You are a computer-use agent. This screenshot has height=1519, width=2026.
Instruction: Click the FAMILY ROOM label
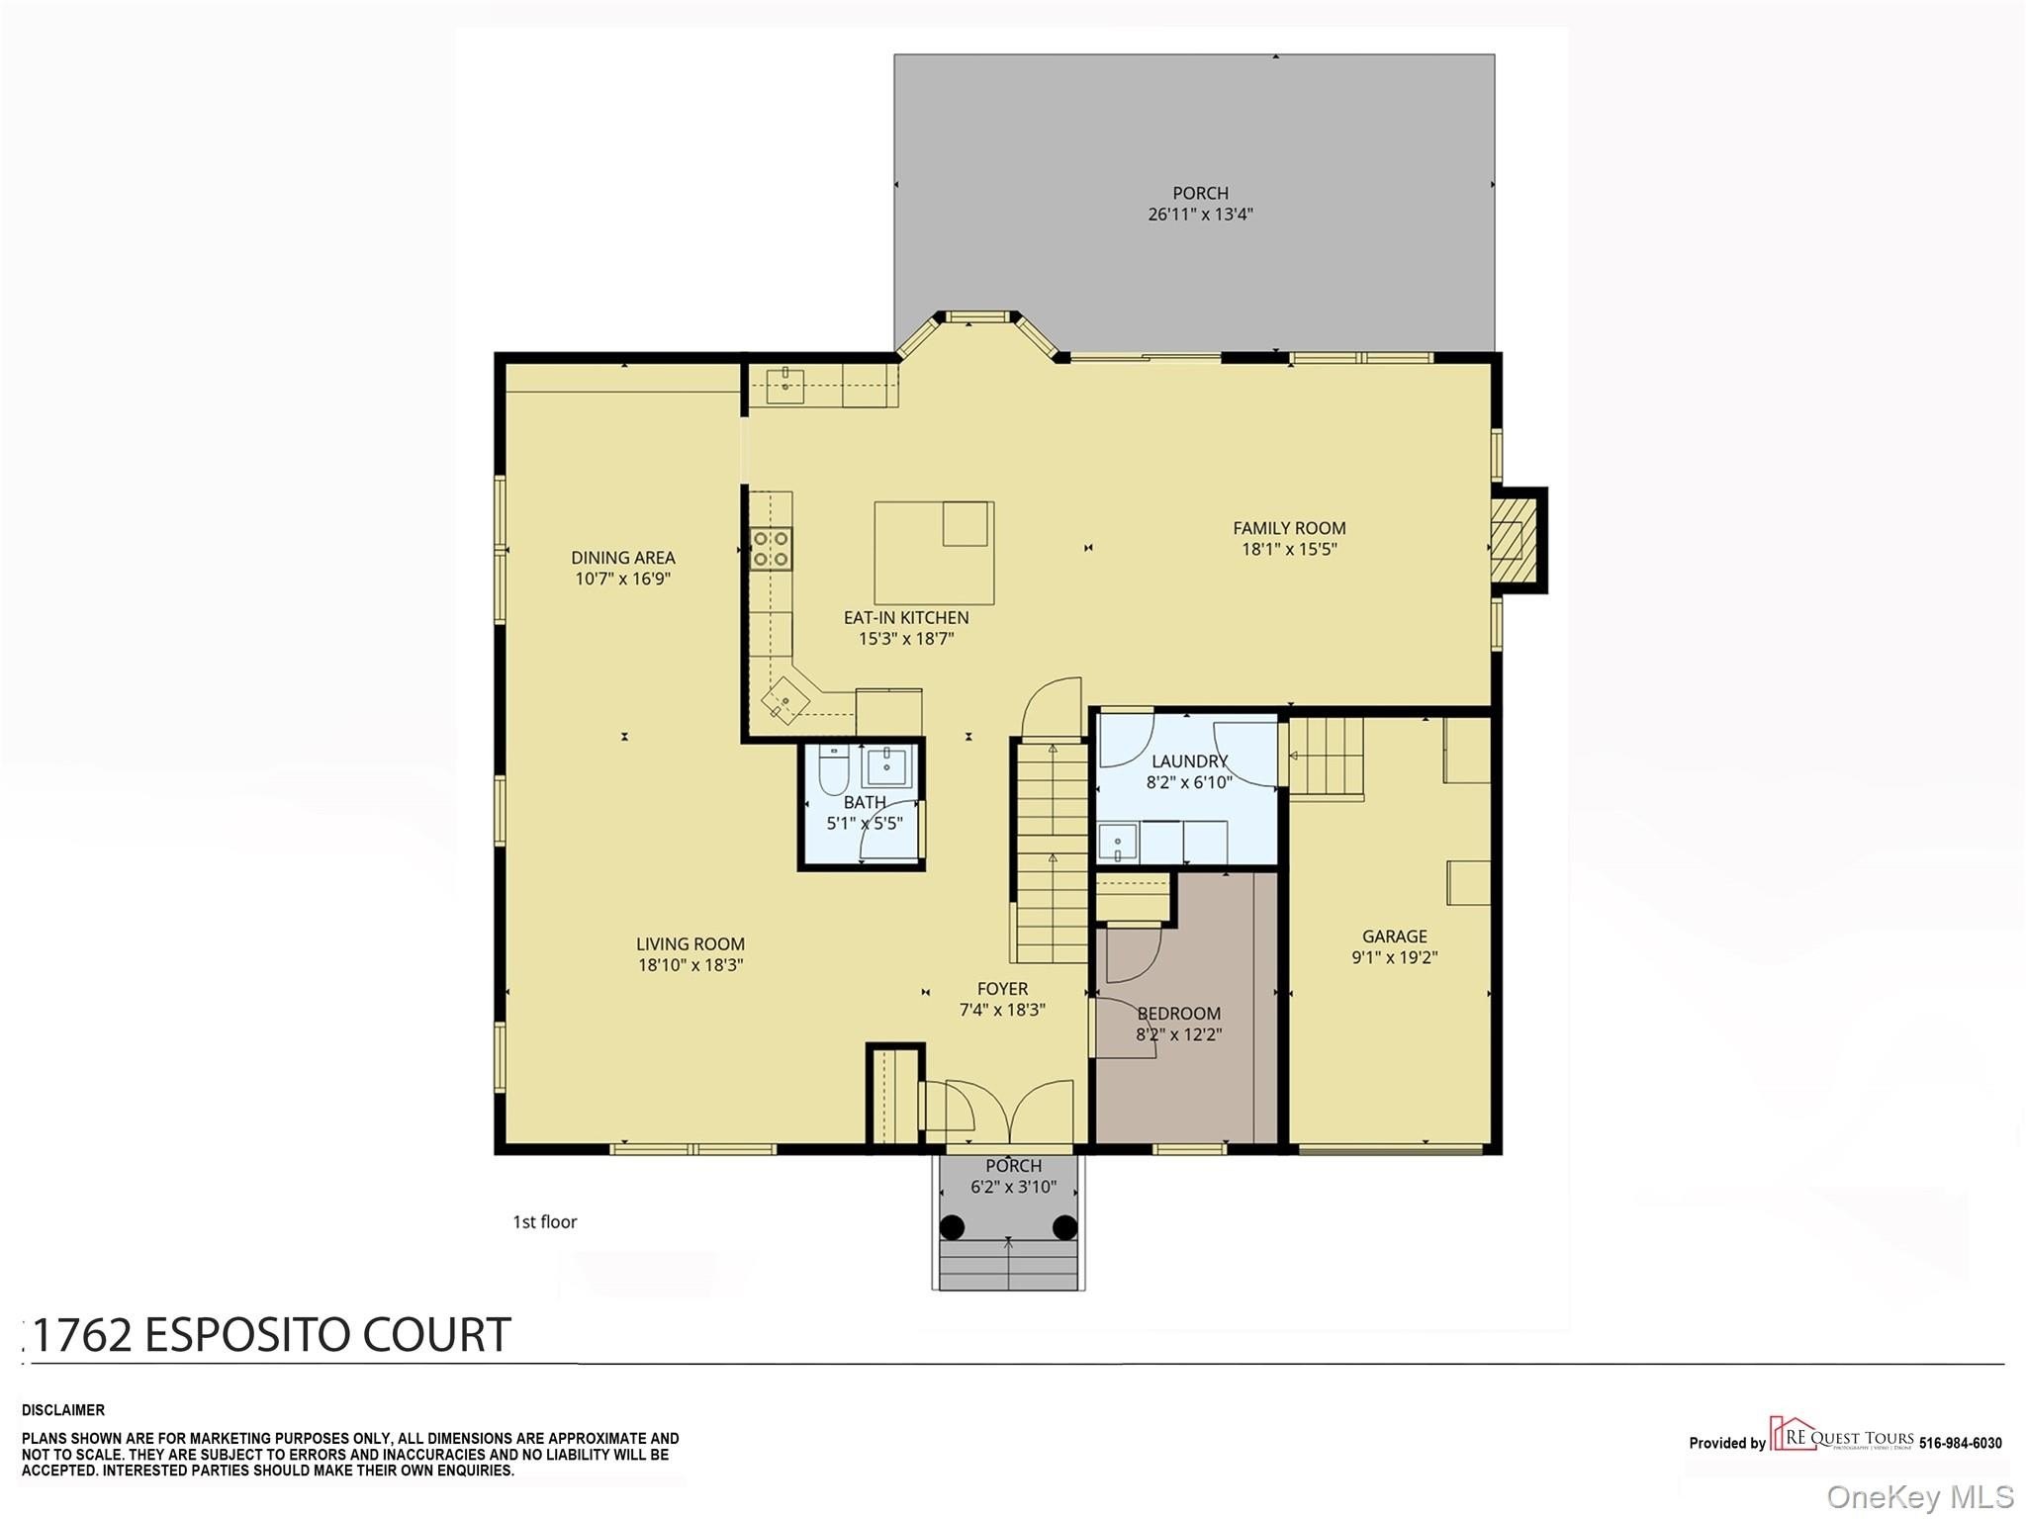(1289, 528)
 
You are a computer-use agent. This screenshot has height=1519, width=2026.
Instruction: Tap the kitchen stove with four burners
(772, 549)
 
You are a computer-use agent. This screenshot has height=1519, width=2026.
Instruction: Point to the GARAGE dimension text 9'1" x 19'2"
(1394, 957)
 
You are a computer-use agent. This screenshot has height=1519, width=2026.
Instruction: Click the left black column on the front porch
(952, 1227)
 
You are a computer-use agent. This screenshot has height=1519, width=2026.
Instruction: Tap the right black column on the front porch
(1064, 1227)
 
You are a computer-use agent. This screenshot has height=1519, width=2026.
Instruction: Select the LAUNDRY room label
(1189, 761)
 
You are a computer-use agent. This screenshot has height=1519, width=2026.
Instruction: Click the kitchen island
(934, 553)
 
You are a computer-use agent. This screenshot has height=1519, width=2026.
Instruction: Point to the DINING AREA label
(623, 558)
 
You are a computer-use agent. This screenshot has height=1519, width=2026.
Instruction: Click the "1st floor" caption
(544, 1221)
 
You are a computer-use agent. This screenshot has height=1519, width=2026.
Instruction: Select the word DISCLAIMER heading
(63, 1410)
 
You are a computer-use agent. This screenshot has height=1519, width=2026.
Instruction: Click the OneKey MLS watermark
(1920, 1496)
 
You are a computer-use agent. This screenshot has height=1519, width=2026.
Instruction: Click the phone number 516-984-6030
(1961, 1443)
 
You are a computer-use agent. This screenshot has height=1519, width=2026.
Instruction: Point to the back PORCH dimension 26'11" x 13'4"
(1200, 214)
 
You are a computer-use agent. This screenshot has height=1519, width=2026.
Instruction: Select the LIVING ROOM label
(691, 944)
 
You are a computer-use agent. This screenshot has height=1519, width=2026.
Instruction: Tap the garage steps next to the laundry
(1326, 758)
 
